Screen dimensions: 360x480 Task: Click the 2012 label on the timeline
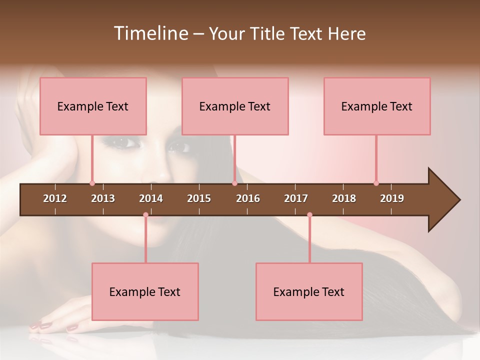pos(55,198)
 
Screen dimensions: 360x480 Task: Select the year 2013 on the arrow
pos(103,198)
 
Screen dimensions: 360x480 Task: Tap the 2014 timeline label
pos(151,198)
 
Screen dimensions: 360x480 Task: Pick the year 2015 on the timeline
pos(199,198)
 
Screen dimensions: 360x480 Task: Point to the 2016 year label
pos(248,198)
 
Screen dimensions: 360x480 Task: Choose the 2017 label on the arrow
pos(296,198)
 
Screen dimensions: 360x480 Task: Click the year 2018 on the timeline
pos(344,198)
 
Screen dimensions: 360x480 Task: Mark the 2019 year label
pos(392,198)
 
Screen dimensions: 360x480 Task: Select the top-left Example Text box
pos(93,106)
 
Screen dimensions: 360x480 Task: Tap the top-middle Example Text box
pos(235,106)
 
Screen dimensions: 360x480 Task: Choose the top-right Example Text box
pos(377,106)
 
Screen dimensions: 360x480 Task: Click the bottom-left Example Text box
pos(145,292)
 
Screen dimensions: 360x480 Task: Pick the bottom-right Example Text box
pos(309,292)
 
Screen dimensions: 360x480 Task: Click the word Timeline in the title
pos(150,33)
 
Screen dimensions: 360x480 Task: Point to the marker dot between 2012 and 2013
pos(92,183)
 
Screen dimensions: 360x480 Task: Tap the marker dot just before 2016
pos(234,183)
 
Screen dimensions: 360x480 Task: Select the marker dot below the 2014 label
pos(145,215)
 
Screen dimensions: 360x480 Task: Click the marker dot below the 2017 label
pos(309,215)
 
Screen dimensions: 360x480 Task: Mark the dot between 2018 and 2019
pos(376,183)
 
